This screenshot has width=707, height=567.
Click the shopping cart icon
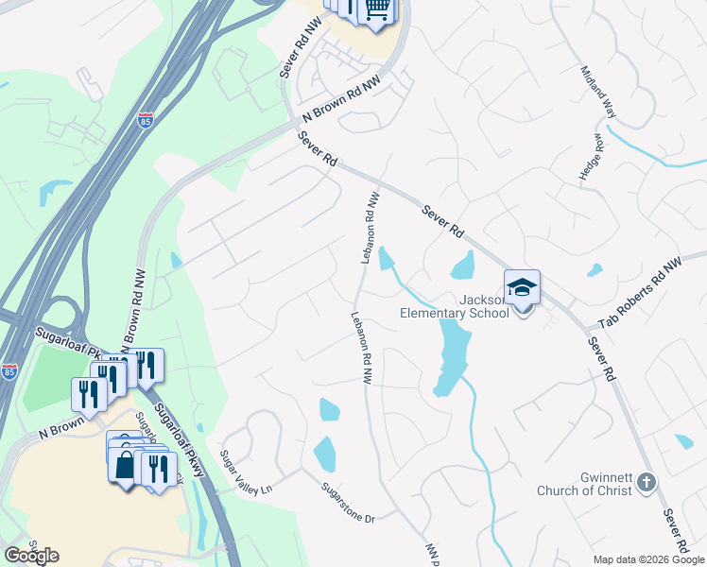click(x=377, y=9)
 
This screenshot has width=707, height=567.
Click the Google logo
click(x=31, y=556)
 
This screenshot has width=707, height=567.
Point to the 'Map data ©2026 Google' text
click(x=648, y=559)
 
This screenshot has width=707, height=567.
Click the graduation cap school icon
click(x=522, y=286)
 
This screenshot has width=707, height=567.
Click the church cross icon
click(x=647, y=482)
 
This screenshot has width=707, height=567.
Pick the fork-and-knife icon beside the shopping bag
click(x=156, y=466)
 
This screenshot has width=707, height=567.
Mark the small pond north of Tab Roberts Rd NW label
click(x=595, y=270)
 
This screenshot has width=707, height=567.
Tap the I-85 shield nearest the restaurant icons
click(x=9, y=371)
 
